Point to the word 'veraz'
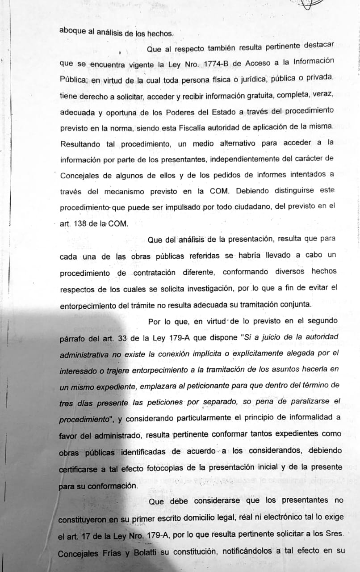click(x=322, y=95)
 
